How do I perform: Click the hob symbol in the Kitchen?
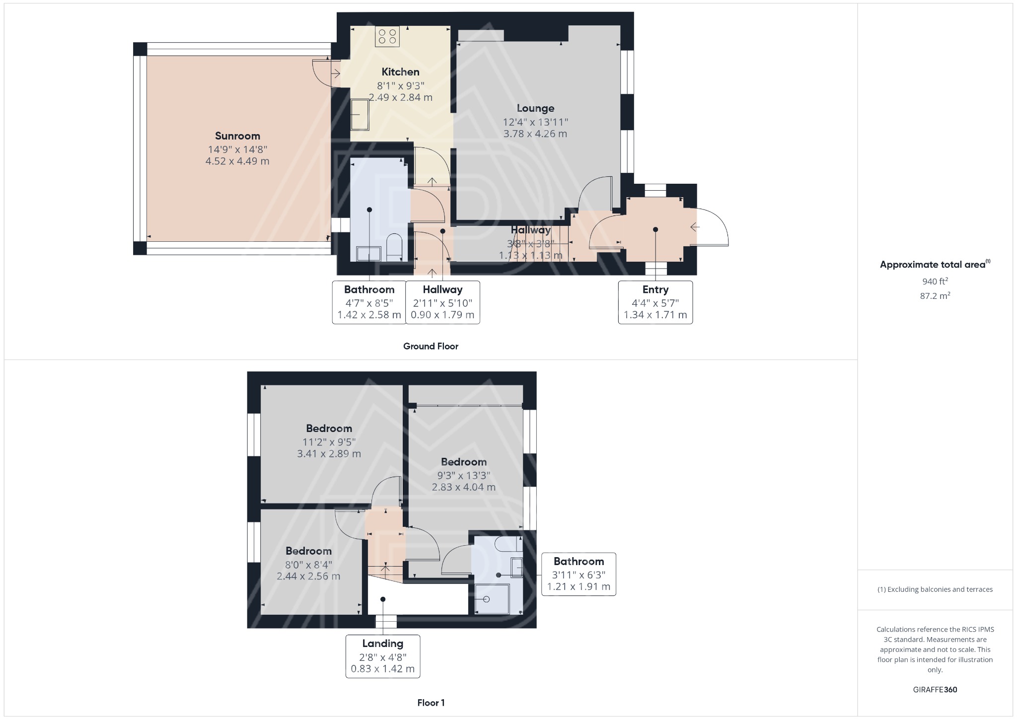tap(387, 36)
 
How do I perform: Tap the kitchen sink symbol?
tap(360, 115)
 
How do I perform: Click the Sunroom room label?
tap(237, 136)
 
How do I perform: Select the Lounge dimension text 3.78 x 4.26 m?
tap(535, 134)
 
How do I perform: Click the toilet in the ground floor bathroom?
tap(394, 246)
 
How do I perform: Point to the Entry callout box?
tap(655, 302)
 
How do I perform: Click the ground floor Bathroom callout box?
tap(369, 302)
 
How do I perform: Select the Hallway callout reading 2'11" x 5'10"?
tap(442, 302)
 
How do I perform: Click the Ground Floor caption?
tap(431, 346)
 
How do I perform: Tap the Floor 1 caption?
tap(431, 703)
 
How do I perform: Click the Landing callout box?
tap(382, 656)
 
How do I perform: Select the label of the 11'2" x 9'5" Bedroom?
tap(329, 429)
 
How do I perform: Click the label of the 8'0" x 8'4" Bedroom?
tap(308, 551)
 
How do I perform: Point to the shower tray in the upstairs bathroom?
tap(492, 598)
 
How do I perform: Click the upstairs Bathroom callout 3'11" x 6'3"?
tap(579, 574)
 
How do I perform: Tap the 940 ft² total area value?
tap(935, 281)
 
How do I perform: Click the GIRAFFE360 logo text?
tap(935, 689)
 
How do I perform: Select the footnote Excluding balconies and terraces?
tap(935, 589)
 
